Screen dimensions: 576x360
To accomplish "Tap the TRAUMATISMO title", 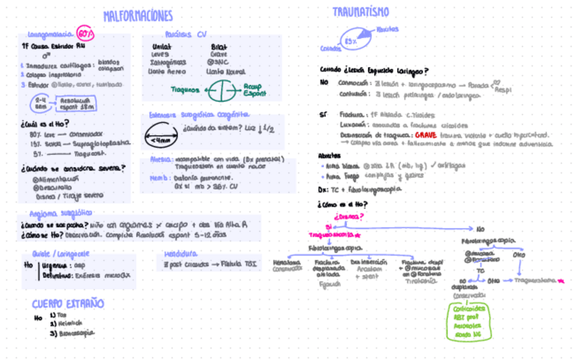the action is pos(361,12).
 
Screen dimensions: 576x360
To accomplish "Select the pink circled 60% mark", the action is pos(85,34).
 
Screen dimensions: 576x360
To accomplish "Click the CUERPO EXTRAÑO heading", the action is pos(68,303).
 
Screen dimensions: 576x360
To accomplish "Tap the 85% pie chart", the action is pos(354,40).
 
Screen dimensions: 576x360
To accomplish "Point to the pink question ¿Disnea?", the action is pos(346,217).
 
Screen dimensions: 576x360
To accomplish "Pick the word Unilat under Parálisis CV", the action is pos(162,46).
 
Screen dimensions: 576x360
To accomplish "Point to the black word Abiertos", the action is pos(330,155).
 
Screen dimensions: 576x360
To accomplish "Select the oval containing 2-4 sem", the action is pos(40,103).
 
